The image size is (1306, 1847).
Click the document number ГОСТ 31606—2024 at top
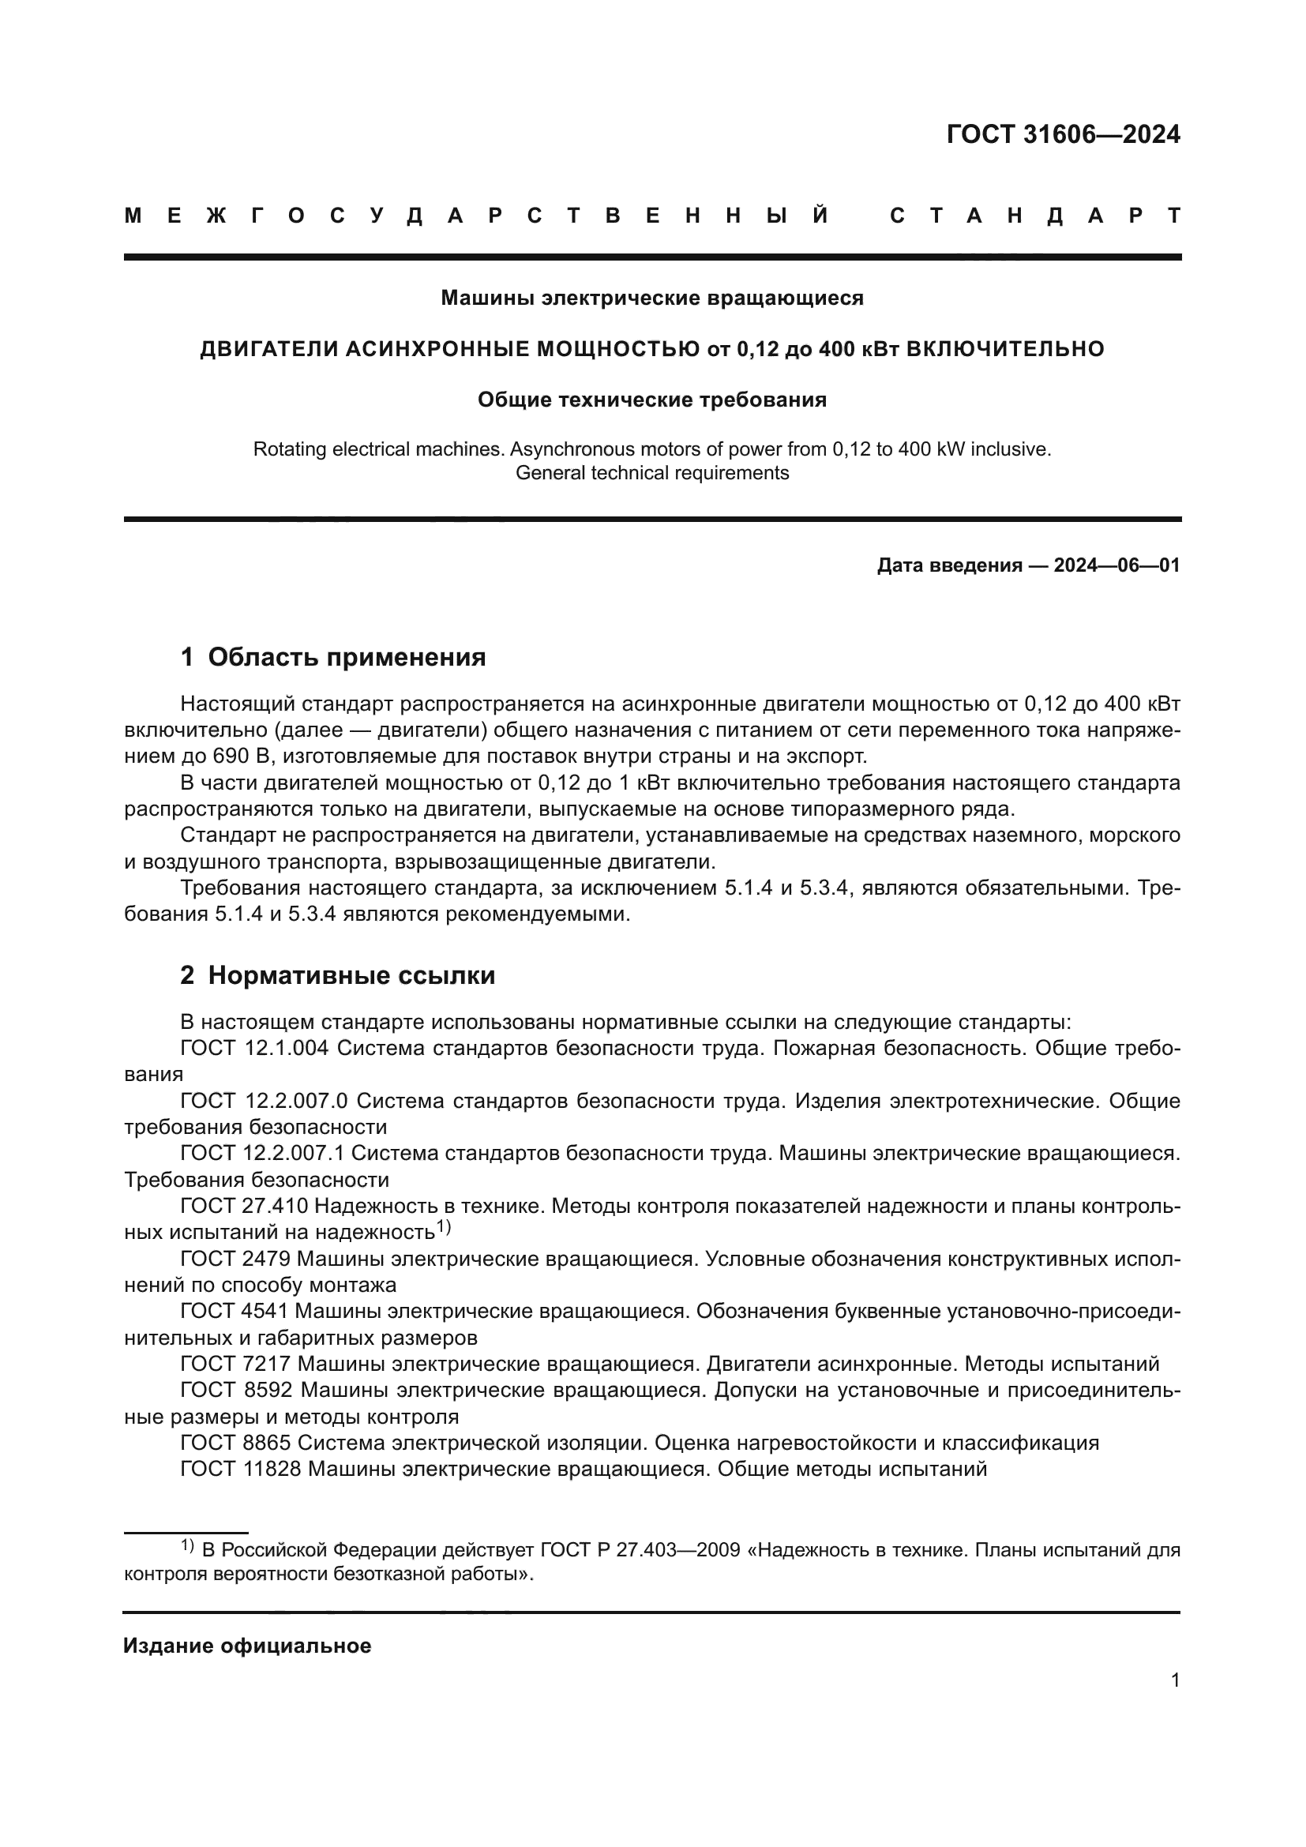point(1062,134)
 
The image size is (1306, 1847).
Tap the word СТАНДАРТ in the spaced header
point(1035,216)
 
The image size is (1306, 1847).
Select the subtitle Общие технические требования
point(651,400)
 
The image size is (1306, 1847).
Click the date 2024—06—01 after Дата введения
point(1116,565)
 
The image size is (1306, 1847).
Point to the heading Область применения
point(347,657)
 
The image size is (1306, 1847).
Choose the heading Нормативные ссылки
point(351,976)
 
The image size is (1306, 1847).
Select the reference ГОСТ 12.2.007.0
point(264,1101)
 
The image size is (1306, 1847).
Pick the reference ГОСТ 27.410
point(244,1206)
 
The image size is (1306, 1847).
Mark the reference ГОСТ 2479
point(235,1258)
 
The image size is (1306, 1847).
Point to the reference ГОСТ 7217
point(235,1364)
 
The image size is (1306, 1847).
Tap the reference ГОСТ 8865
point(235,1443)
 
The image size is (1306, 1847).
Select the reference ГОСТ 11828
point(241,1469)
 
